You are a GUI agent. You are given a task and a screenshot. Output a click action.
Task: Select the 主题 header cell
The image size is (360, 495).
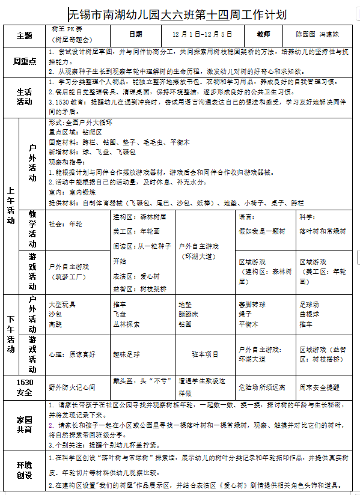coord(25,35)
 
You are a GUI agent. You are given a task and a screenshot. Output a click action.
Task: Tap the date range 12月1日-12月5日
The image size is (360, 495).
coord(201,35)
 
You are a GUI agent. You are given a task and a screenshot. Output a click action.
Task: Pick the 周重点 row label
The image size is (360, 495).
coord(25,61)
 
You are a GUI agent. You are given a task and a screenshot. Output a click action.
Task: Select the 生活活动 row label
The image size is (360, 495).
coord(25,96)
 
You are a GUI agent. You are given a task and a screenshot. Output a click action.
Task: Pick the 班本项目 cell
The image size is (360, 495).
coord(206,355)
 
